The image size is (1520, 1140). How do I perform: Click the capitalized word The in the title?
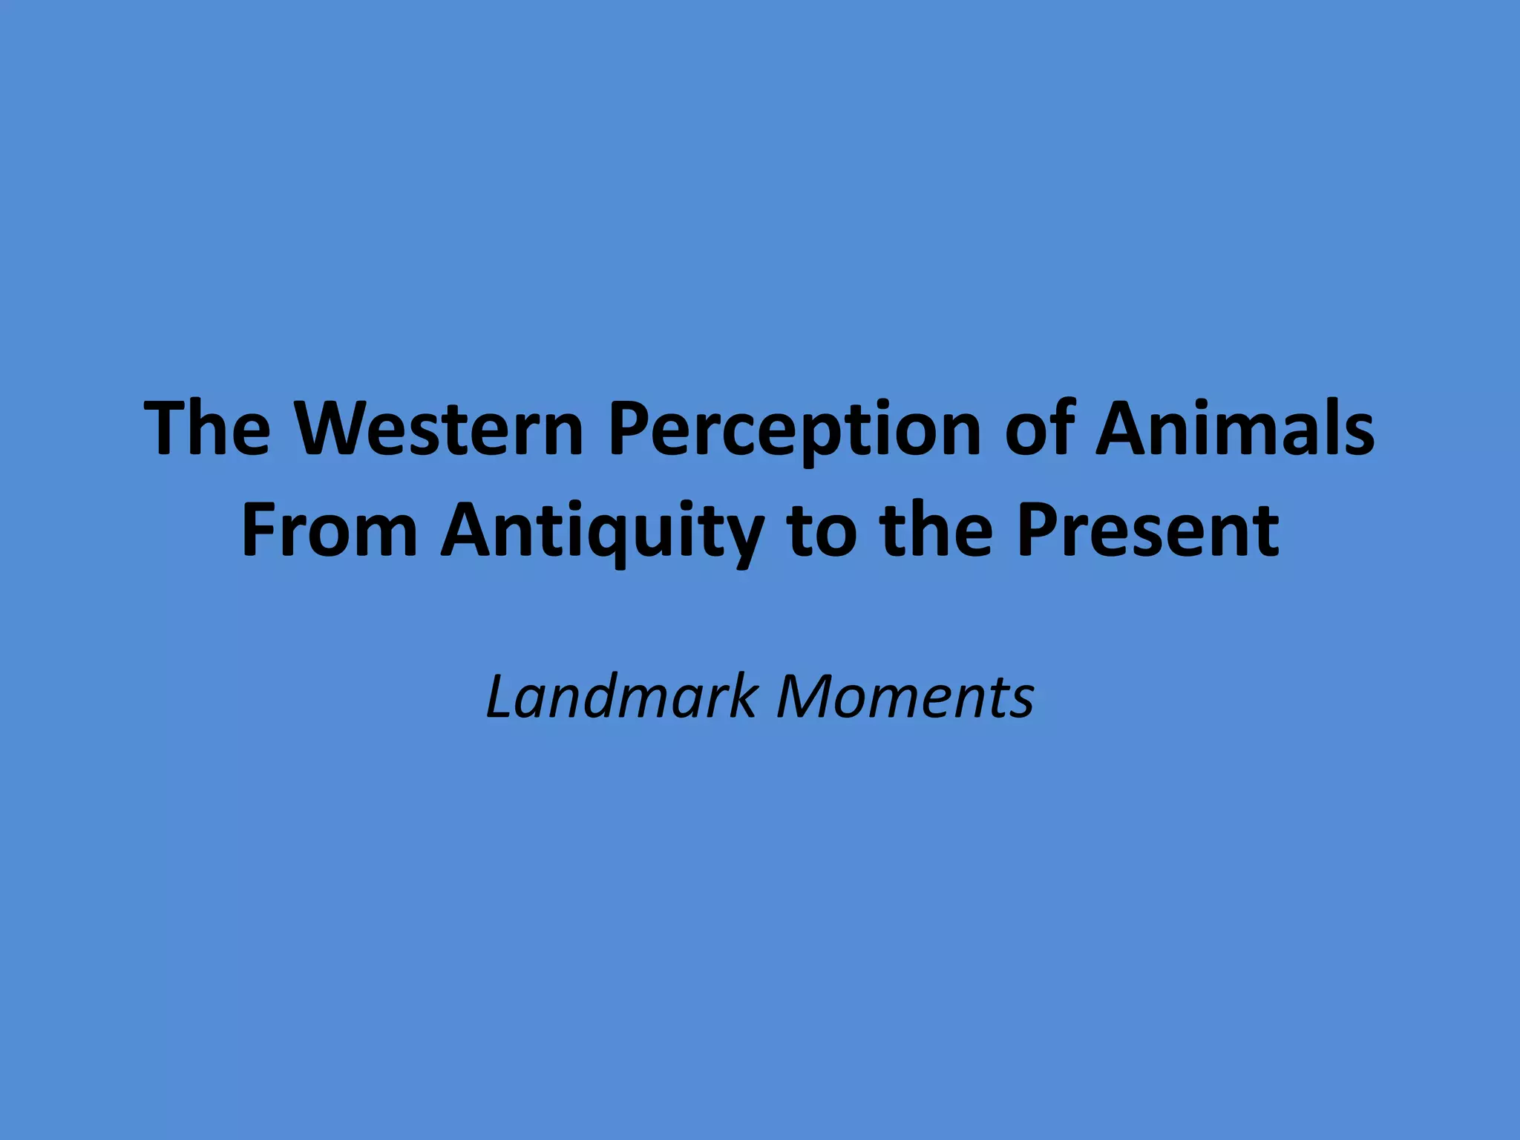[209, 428]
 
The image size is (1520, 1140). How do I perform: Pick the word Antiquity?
[602, 531]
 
